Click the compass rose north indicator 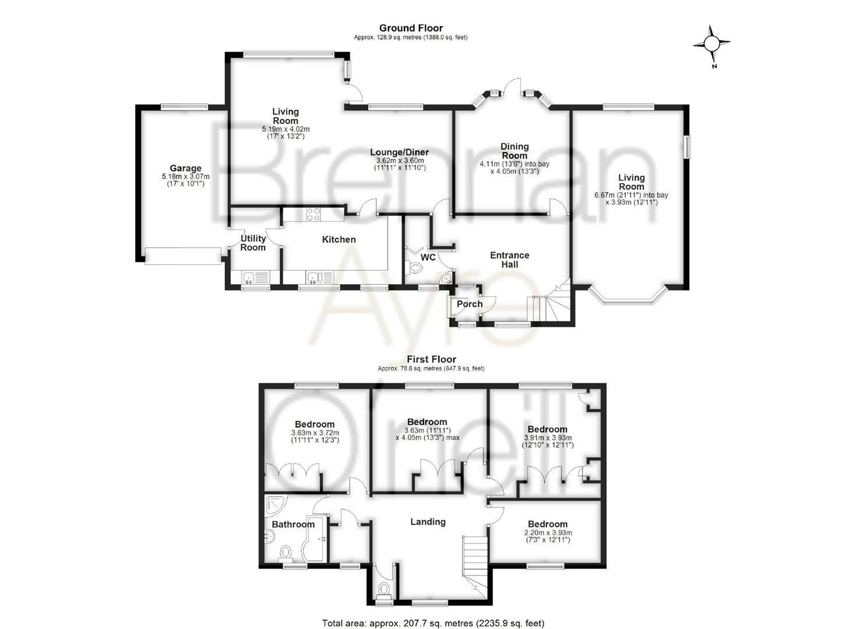coord(712,44)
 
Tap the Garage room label coord(185,168)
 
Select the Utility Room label coord(253,243)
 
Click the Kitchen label coord(338,239)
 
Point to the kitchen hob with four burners coord(313,215)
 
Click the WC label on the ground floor coord(428,257)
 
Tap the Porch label coord(469,304)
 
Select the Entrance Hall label coord(510,260)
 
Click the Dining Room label coord(514,151)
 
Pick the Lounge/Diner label coord(400,152)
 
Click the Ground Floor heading coord(411,28)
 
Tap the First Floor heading coord(431,359)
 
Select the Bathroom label coord(293,524)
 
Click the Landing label coord(428,522)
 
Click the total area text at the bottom coord(433,623)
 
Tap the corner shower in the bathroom coord(274,504)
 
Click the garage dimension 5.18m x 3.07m coord(185,176)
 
